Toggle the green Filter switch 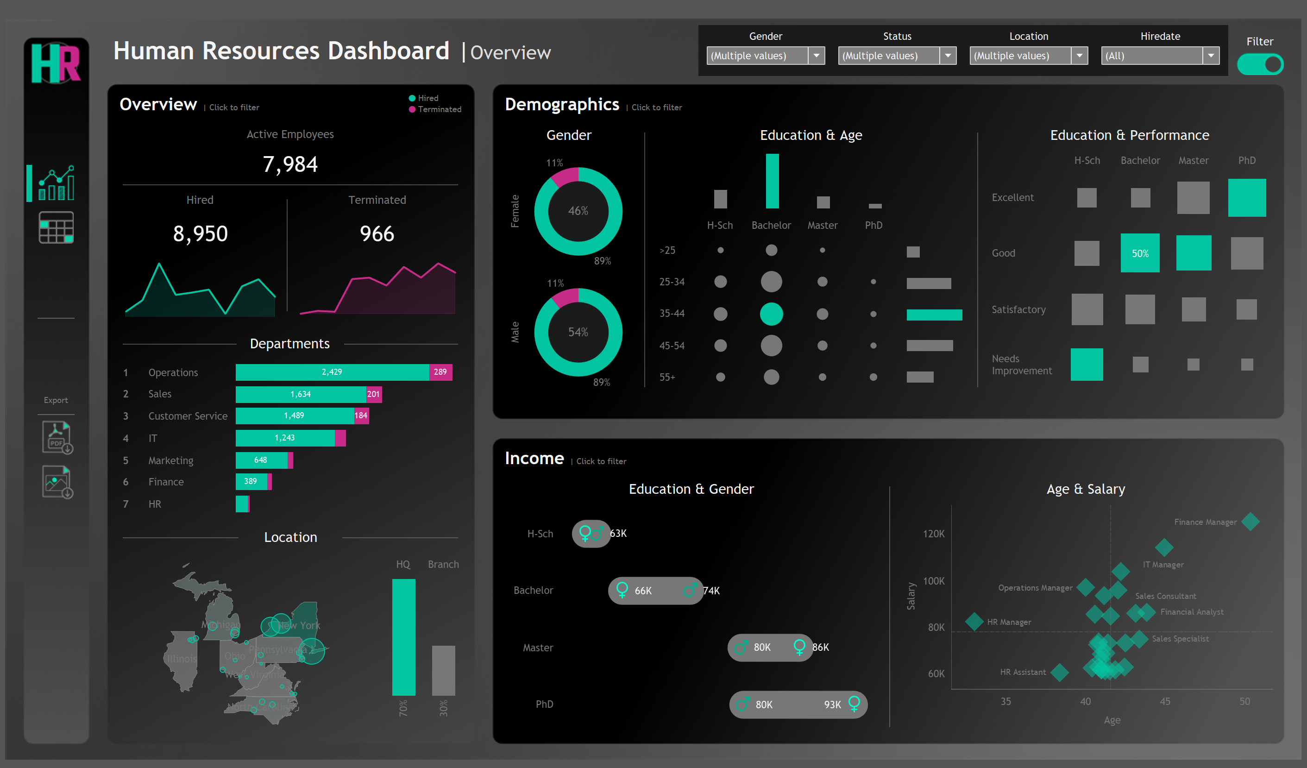point(1260,65)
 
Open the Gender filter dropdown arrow point(816,56)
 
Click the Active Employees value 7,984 point(290,164)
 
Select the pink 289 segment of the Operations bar point(440,372)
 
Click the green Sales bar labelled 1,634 point(301,394)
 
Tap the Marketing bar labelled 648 point(261,460)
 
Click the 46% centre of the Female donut point(578,211)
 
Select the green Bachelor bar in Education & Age point(772,181)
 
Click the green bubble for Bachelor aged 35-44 point(771,314)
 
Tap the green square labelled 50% point(1139,253)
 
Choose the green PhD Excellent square point(1246,198)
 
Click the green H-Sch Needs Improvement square point(1087,365)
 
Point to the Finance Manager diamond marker point(1250,522)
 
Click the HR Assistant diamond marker point(1060,673)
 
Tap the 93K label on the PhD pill point(832,705)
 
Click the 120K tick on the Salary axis point(934,534)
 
